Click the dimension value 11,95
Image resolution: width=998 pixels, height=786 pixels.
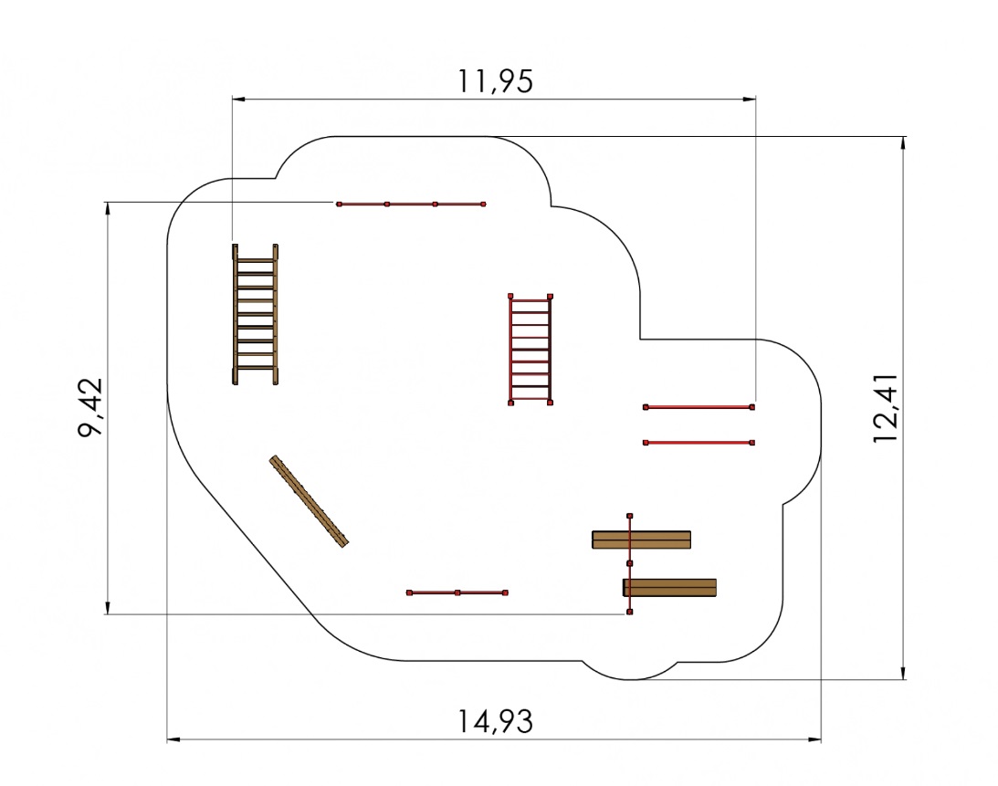495,81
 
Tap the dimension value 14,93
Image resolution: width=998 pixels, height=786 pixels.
495,722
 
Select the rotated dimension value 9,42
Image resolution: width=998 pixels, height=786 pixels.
90,407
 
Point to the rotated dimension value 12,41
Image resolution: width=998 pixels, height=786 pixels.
886,408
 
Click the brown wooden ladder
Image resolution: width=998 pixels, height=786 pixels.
256,314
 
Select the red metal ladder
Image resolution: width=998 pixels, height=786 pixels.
531,350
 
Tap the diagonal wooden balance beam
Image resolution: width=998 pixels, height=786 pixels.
309,501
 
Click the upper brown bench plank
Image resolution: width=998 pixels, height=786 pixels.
642,540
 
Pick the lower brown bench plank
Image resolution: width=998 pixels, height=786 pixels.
670,587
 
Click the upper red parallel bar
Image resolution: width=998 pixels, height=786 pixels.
699,406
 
